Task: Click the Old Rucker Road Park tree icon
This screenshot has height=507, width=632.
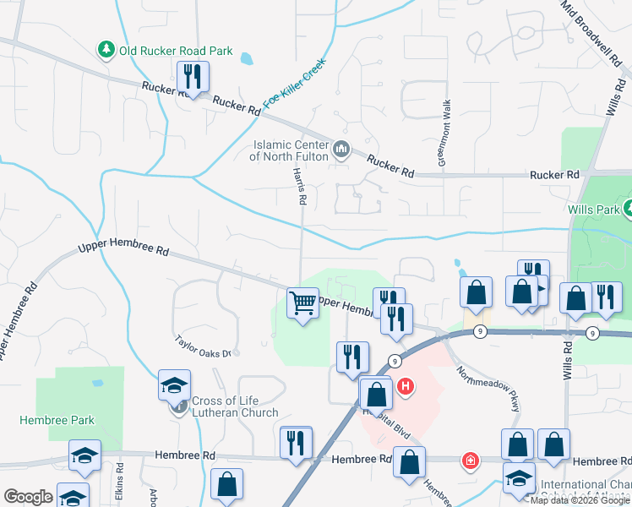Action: coord(106,51)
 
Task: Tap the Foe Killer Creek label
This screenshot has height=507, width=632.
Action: coord(293,82)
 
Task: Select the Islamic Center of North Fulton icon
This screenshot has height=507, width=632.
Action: coord(341,150)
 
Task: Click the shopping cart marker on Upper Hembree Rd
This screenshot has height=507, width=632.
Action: coord(302,303)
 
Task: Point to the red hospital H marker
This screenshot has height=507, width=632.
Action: coord(406,388)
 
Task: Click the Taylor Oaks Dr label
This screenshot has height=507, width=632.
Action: coord(203,346)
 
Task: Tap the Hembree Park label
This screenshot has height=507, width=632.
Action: coord(58,420)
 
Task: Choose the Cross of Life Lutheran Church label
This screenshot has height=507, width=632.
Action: coord(234,406)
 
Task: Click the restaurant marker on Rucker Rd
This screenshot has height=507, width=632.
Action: coord(192,78)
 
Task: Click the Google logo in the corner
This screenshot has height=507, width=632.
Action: coord(28,497)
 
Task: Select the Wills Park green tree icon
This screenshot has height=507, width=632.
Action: coord(627,207)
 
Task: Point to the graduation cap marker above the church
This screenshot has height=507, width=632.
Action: coord(174,385)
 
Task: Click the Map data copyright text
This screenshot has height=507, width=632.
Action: coord(580,500)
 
